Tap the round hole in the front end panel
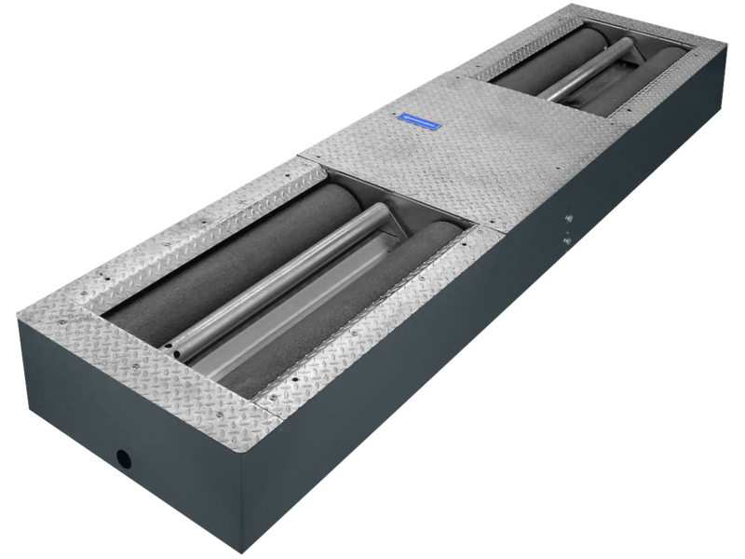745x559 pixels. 122,457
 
